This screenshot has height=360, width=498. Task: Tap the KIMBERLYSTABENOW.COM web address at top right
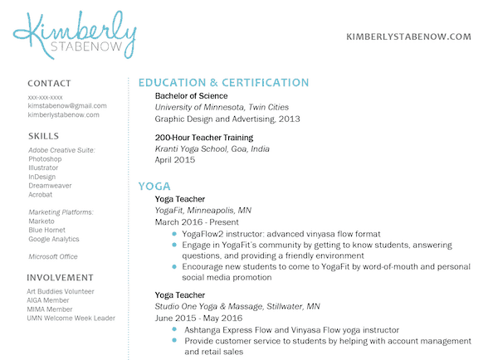408,37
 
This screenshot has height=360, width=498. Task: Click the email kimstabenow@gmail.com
67,106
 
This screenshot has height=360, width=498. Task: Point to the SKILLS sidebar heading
43,135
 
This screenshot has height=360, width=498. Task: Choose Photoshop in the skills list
46,158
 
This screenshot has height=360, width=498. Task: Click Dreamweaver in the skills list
51,186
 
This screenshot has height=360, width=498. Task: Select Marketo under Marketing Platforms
41,221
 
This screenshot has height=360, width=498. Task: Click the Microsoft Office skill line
53,257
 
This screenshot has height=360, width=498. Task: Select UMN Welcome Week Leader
71,319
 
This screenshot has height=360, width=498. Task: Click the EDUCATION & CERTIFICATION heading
223,83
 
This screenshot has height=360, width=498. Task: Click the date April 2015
174,160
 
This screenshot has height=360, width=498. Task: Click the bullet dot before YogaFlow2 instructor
173,234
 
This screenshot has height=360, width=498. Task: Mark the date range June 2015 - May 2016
198,319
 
